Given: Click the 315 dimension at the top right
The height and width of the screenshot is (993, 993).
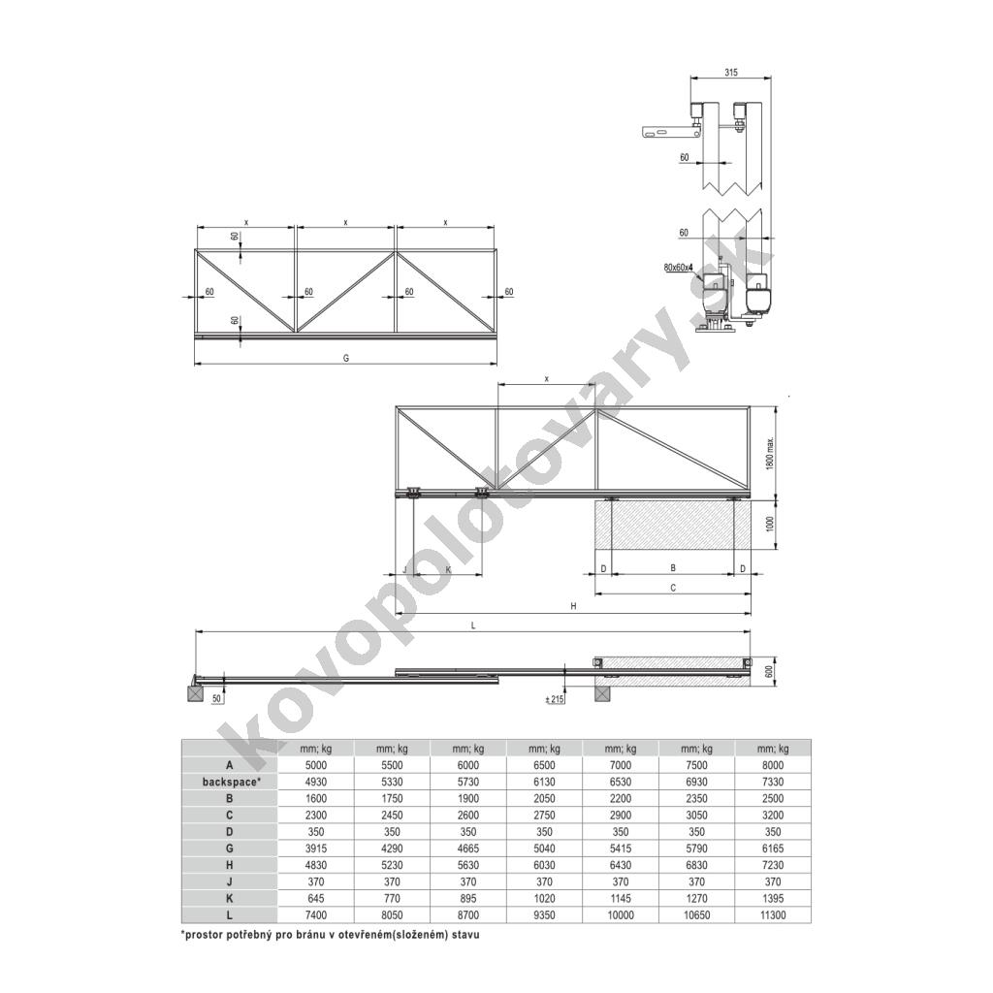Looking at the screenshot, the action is pyautogui.click(x=731, y=72).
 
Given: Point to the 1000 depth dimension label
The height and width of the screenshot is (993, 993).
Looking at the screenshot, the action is pyautogui.click(x=770, y=524).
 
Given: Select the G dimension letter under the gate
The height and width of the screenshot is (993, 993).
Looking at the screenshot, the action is pyautogui.click(x=346, y=358).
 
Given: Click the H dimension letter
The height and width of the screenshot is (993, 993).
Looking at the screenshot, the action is pyautogui.click(x=573, y=606).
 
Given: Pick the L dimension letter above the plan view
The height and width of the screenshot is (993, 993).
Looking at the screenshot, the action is pyautogui.click(x=473, y=625).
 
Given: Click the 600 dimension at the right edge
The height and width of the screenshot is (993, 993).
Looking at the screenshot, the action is pyautogui.click(x=769, y=672).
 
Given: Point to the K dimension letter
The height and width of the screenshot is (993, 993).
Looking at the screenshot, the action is pyautogui.click(x=448, y=569).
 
